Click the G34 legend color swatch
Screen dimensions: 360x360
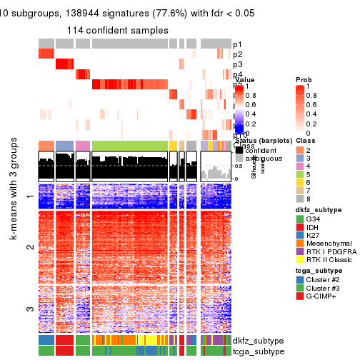299,238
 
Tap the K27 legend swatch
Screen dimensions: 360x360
299,256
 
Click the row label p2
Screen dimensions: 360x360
238,55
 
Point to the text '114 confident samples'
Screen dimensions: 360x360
118,31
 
